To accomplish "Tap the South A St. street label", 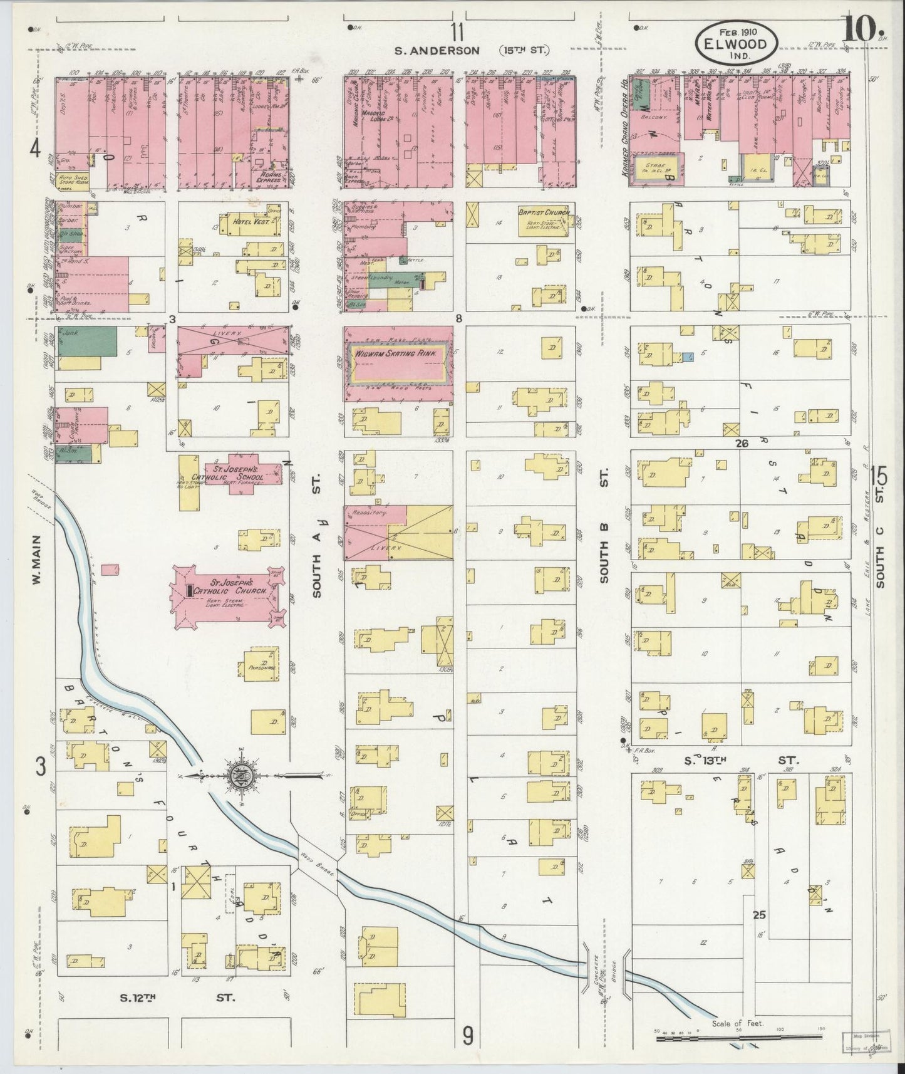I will [x=317, y=536].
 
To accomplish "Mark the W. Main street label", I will [x=36, y=560].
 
